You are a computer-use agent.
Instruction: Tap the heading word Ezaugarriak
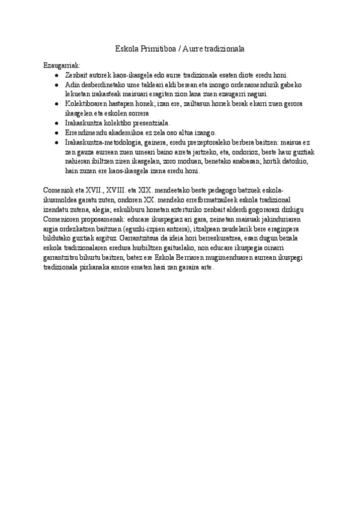pos(62,65)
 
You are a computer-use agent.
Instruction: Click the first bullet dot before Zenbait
pos(56,76)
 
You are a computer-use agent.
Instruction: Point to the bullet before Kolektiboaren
pos(56,104)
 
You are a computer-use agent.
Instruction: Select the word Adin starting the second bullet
pos(72,85)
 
